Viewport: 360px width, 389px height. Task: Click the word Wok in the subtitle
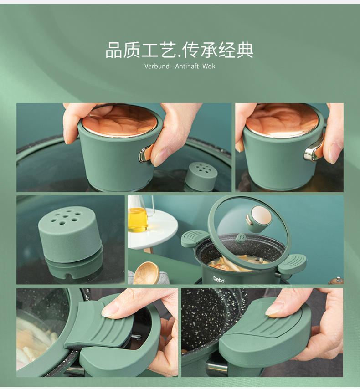209,66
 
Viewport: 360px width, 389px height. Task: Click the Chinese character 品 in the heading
114,51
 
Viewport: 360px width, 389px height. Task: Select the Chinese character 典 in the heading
245,51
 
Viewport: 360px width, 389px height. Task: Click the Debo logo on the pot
219,279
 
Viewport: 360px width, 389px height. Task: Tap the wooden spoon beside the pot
146,273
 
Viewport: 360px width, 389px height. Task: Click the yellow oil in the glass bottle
138,220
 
